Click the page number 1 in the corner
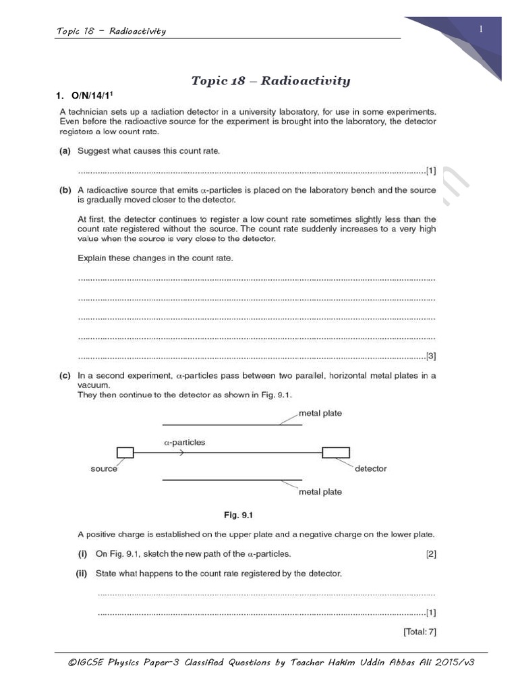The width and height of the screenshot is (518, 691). [482, 28]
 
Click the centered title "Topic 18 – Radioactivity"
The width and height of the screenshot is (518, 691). [270, 81]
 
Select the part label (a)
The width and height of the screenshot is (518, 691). [65, 151]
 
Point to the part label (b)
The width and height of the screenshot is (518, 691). [65, 190]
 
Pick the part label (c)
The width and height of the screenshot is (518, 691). [65, 375]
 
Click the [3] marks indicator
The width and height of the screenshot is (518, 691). [430, 356]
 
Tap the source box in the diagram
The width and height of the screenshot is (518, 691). [125, 453]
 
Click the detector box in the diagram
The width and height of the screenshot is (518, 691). [335, 453]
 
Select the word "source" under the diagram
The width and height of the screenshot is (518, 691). [104, 468]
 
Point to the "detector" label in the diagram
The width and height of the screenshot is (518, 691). [370, 468]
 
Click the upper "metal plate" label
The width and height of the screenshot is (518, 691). [320, 414]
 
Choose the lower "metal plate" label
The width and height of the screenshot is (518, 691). [320, 492]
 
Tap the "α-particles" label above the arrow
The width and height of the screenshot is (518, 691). [185, 443]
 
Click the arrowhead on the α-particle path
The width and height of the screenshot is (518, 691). [181, 453]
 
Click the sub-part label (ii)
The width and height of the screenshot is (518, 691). [84, 574]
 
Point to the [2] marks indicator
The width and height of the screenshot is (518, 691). [430, 554]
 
